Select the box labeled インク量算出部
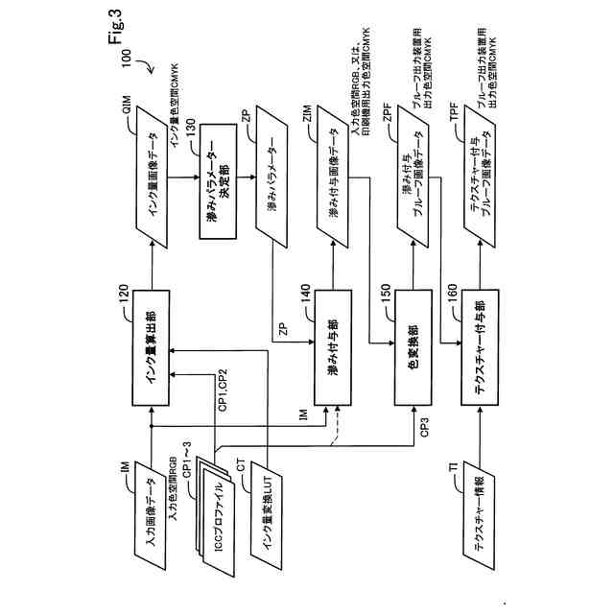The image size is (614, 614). [152, 347]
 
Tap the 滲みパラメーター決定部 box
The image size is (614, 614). [218, 181]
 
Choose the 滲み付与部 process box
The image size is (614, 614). [333, 347]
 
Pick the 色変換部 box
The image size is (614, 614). [413, 347]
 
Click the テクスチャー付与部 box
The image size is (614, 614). [480, 347]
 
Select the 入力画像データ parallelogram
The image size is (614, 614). [151, 515]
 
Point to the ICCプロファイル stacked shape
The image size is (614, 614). [216, 517]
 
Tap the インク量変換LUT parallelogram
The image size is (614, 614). [267, 515]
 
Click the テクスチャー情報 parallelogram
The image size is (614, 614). [480, 515]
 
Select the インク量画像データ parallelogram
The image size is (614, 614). [152, 177]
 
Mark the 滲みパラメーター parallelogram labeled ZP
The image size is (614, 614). [272, 177]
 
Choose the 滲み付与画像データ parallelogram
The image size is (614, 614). [333, 177]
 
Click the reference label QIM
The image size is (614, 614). [128, 105]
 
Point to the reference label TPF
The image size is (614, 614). [454, 112]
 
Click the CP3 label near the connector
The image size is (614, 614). [425, 427]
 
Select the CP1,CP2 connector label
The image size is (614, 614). [223, 390]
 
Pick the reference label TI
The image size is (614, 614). [453, 467]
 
